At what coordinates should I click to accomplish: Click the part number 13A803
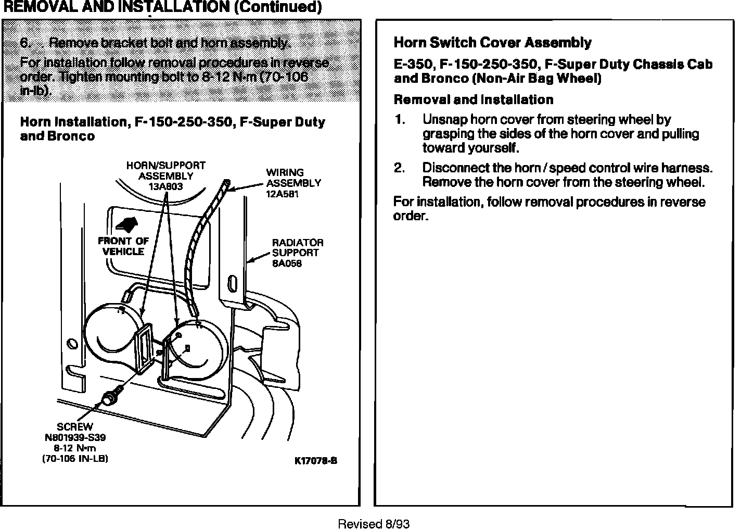(165, 186)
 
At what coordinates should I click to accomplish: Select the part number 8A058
(287, 263)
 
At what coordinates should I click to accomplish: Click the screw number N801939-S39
(75, 438)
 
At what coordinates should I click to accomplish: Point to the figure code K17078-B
(316, 461)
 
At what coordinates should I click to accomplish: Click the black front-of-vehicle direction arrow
(126, 225)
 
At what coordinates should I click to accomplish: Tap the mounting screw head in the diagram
(109, 399)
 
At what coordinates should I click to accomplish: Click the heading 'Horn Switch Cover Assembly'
(492, 43)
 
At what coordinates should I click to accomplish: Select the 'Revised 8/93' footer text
(374, 524)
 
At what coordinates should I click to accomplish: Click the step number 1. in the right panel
(399, 120)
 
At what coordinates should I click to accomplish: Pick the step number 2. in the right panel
(399, 168)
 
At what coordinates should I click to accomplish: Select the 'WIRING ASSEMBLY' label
(293, 178)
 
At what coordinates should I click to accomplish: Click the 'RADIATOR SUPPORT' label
(297, 248)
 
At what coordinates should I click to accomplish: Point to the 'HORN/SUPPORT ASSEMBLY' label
(165, 171)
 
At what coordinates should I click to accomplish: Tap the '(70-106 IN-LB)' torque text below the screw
(75, 459)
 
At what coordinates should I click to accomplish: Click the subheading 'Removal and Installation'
(474, 99)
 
